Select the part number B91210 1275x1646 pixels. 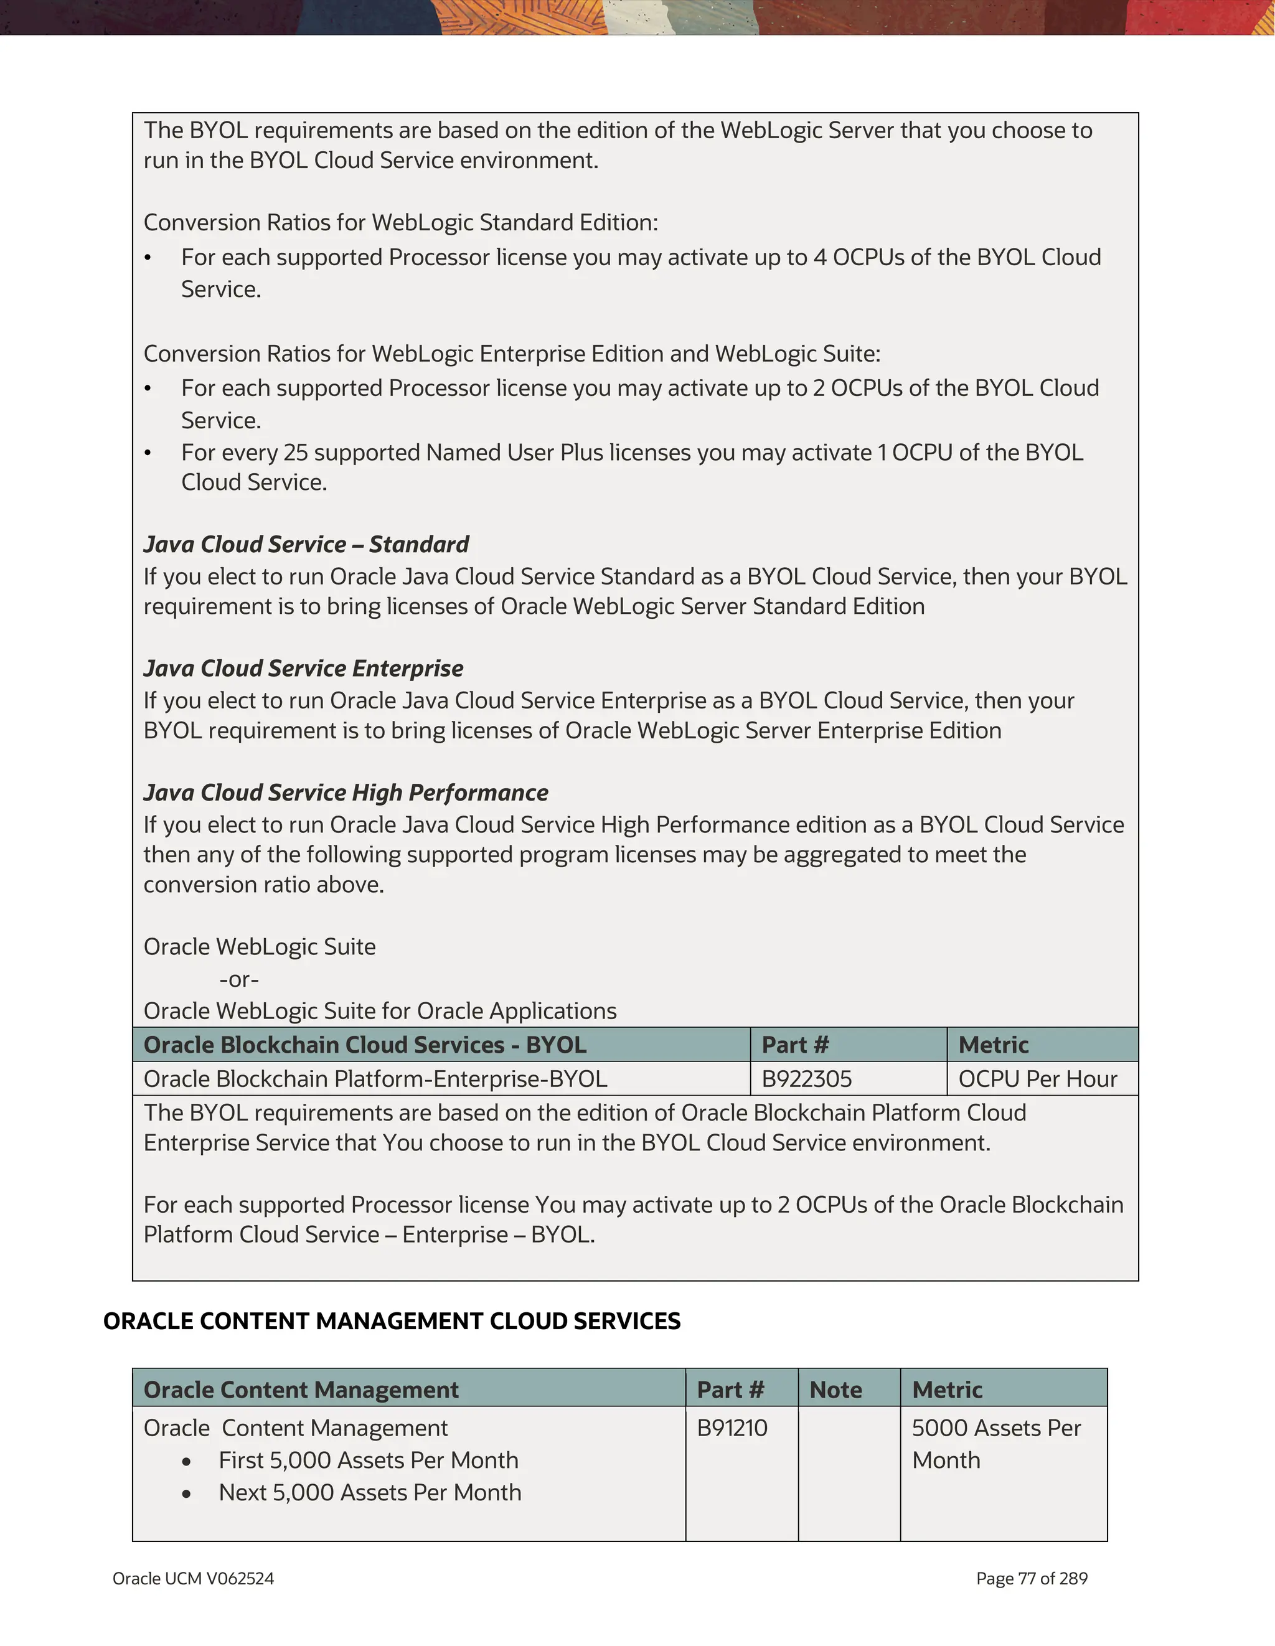[x=732, y=1427]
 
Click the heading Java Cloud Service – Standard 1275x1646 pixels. [x=306, y=544]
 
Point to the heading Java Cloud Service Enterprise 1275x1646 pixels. [x=303, y=669]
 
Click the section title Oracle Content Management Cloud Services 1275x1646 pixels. [x=392, y=1321]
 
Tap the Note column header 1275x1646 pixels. [x=835, y=1389]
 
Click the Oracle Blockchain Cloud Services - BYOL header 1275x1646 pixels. [x=365, y=1045]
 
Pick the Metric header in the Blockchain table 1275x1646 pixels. [x=993, y=1045]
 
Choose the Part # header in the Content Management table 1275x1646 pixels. [x=730, y=1389]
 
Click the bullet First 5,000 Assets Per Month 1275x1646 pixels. [x=369, y=1460]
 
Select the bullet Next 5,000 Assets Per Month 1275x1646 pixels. [x=370, y=1492]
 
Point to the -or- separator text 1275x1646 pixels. [x=239, y=979]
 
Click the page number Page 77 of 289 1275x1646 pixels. [x=1032, y=1578]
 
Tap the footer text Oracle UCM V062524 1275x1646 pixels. [x=193, y=1578]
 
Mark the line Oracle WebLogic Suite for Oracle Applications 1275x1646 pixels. [x=380, y=1010]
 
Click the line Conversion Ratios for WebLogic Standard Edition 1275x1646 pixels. [x=401, y=222]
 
